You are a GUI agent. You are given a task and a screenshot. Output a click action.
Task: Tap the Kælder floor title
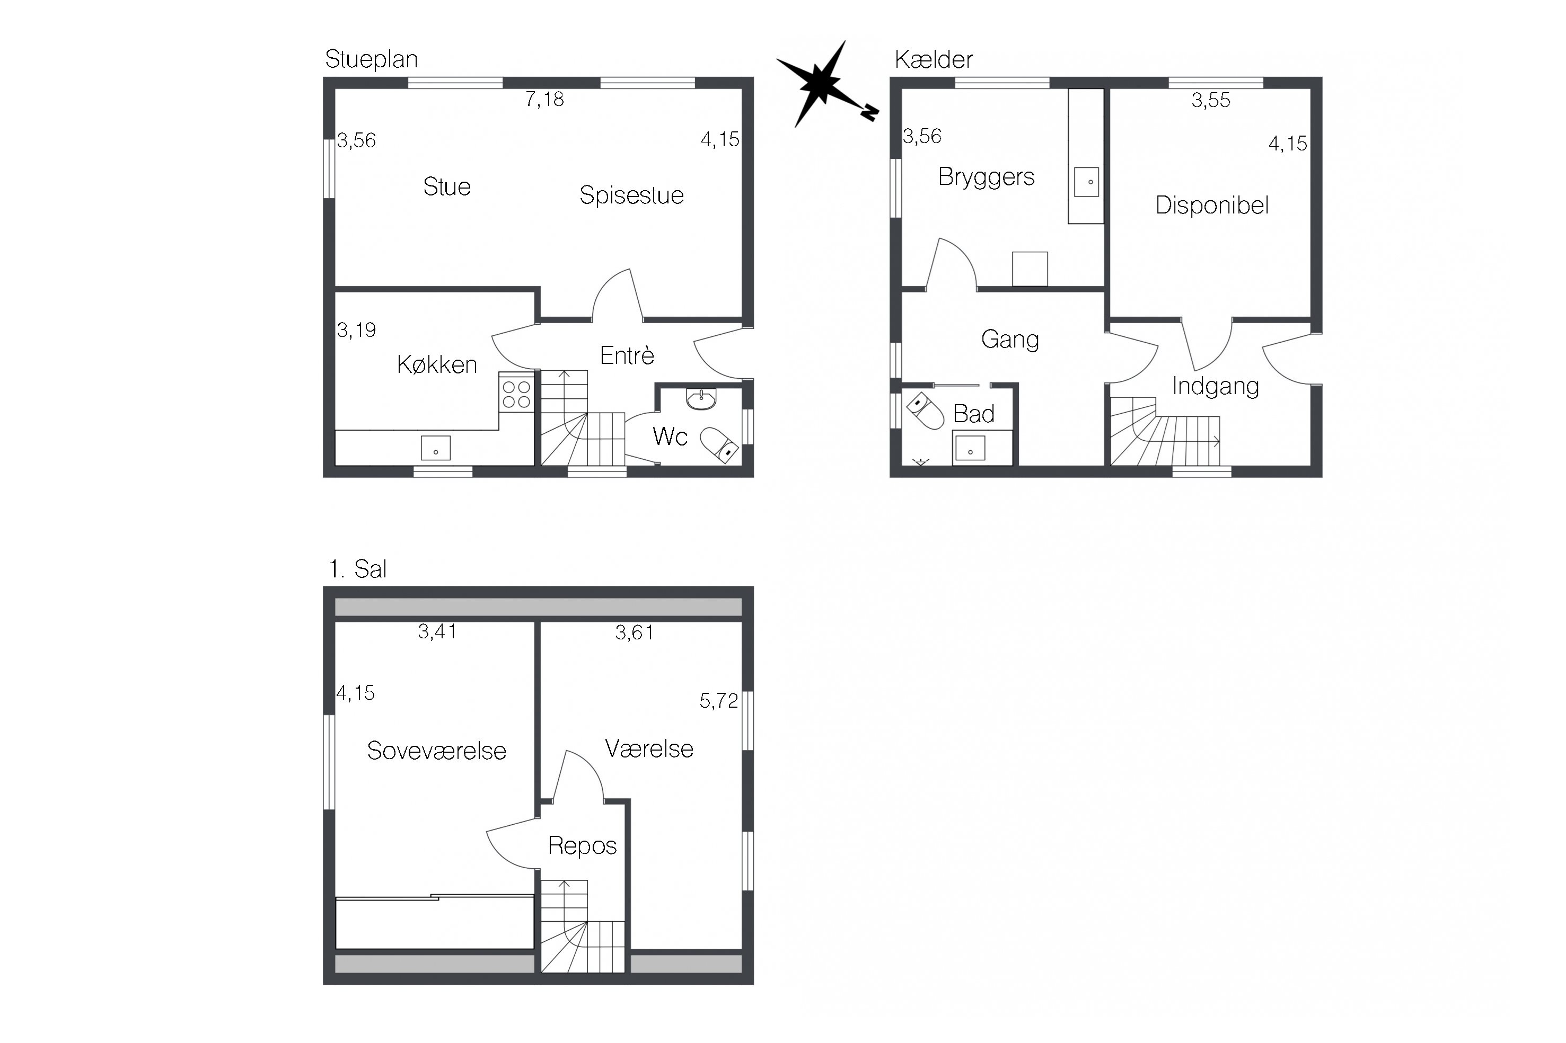[x=933, y=60]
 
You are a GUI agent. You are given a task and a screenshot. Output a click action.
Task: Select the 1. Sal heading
[x=357, y=569]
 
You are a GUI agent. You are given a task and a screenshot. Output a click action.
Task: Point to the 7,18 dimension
[x=544, y=100]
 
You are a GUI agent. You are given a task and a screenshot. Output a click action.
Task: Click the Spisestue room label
[x=631, y=195]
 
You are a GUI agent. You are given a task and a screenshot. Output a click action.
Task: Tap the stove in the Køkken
[x=516, y=393]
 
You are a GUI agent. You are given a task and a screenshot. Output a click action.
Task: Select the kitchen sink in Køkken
[x=436, y=448]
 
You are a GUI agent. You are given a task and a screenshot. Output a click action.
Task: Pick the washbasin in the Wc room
[x=701, y=399]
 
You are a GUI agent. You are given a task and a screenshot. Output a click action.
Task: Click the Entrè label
[x=627, y=356]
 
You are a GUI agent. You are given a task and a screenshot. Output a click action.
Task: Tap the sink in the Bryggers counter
[x=1087, y=182]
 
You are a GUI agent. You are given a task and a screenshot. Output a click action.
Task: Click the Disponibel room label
[x=1212, y=206]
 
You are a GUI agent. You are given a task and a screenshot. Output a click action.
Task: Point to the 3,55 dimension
[x=1211, y=101]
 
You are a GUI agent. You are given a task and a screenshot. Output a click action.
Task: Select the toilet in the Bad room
[x=927, y=411]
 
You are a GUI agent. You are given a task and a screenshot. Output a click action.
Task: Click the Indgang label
[x=1215, y=387]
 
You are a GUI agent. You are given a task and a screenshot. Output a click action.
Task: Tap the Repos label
[x=582, y=846]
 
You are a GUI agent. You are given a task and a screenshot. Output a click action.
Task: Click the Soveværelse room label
[x=437, y=751]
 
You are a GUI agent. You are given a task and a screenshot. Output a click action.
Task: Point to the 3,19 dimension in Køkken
[x=357, y=330]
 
